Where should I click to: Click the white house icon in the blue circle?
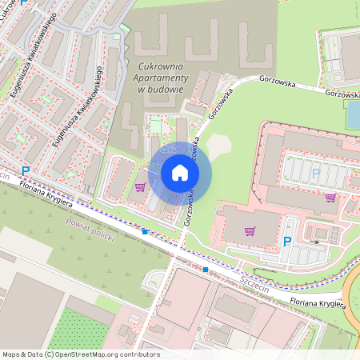(180, 173)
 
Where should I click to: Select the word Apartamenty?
(162, 78)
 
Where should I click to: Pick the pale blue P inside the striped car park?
(315, 173)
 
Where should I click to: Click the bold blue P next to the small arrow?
(287, 241)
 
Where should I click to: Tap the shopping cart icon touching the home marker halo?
(141, 187)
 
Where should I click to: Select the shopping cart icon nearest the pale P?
(330, 198)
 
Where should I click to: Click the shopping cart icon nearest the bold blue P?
(250, 231)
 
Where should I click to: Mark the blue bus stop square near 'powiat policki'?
(145, 232)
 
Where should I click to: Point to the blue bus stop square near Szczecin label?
(206, 270)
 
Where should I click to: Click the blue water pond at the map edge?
(353, 116)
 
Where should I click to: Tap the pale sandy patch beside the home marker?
(218, 146)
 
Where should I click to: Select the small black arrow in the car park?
(315, 240)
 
